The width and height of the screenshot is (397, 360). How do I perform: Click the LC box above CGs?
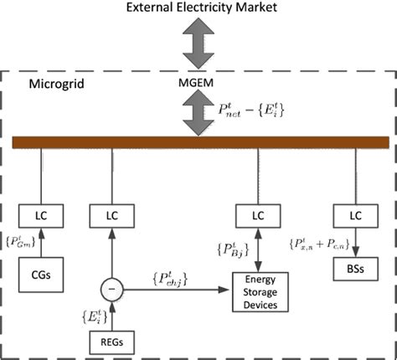(x=40, y=215)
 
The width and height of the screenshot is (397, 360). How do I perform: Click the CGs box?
(x=40, y=274)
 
